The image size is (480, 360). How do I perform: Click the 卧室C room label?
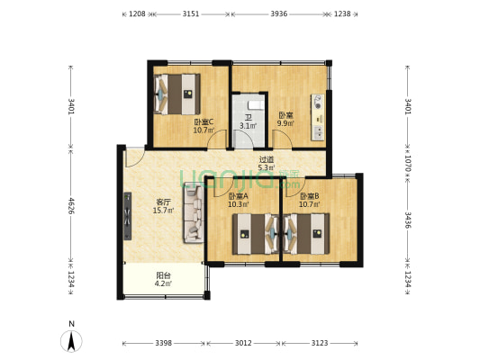[x=204, y=122]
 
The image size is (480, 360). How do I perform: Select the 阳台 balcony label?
[x=163, y=275]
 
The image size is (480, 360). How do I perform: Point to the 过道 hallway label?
[x=267, y=159]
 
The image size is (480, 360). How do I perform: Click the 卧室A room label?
[x=239, y=196]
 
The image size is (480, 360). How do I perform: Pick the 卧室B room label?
[x=310, y=196]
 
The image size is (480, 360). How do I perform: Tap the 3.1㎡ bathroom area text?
[x=248, y=126]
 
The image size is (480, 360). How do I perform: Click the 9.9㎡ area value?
[x=285, y=123]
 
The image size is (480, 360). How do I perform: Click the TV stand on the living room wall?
[x=127, y=216]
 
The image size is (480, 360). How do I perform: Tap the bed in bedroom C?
[x=177, y=94]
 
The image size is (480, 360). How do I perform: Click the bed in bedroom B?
[x=306, y=234]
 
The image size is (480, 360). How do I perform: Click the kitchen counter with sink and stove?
[x=318, y=118]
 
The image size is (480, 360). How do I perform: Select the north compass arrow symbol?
[x=71, y=341]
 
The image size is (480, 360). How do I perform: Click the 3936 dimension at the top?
[x=279, y=13]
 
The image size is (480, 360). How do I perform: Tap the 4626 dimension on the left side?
[x=71, y=206]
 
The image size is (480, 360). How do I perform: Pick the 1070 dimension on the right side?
[x=408, y=163]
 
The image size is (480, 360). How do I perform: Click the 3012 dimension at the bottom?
[x=243, y=343]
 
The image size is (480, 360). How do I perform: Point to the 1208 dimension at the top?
[x=137, y=13]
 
